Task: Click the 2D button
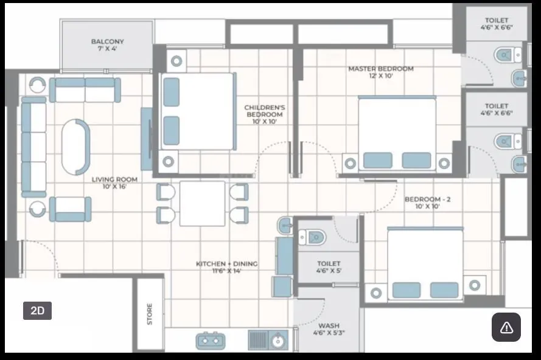37,310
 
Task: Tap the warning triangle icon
506,327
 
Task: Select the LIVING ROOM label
114,182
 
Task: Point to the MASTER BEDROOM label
380,72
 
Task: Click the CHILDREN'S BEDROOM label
264,114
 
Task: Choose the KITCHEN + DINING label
226,267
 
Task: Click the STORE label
150,314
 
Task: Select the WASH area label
329,329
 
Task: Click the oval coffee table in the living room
75,147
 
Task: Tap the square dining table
203,203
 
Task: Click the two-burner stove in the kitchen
211,340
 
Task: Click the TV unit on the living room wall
147,139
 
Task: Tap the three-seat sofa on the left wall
33,147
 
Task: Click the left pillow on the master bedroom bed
377,161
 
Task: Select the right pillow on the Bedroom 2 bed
444,289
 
